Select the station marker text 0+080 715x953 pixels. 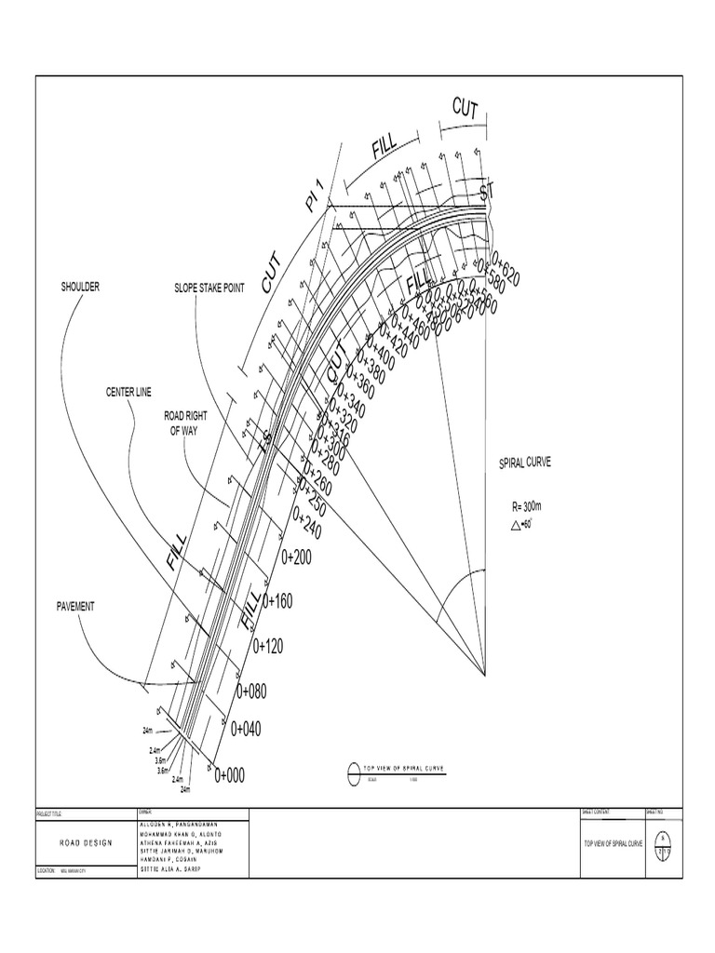pos(251,691)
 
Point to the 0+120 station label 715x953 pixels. pos(267,645)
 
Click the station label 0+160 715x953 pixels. pos(277,601)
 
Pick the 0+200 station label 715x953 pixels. pos(299,557)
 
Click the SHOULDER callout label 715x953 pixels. pos(80,288)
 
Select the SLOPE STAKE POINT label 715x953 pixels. pos(209,289)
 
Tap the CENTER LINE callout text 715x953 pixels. pos(128,393)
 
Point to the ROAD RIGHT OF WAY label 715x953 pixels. pos(186,424)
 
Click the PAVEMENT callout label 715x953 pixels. pos(76,606)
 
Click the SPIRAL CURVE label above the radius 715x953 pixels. pos(526,463)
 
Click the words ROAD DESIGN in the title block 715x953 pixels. pos(85,842)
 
